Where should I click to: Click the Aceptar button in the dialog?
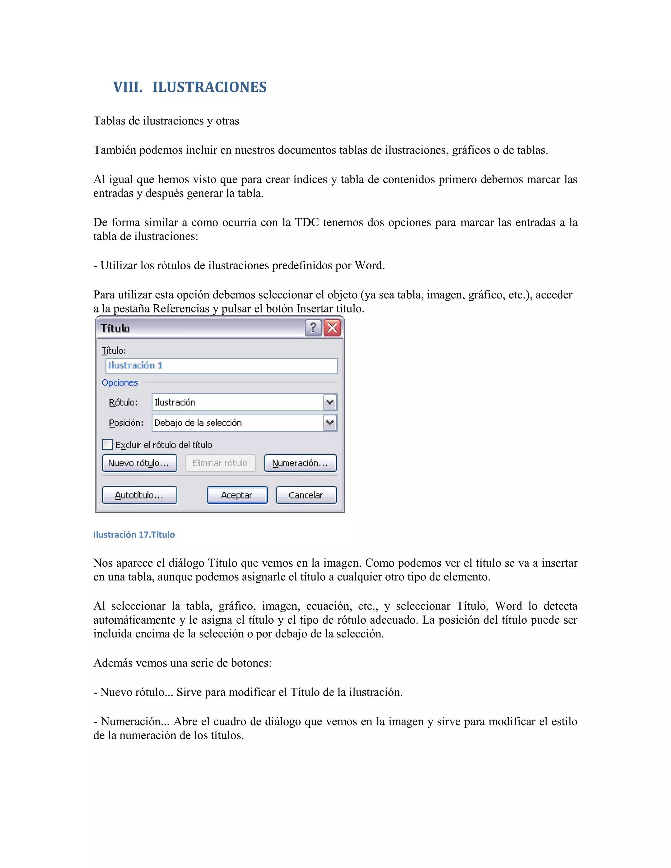237,495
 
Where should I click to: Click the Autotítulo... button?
139,495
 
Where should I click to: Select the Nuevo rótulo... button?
139,463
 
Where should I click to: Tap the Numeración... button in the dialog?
300,463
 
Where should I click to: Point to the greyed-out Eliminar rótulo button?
220,463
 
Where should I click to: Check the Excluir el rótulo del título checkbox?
108,444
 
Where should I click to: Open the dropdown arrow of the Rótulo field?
330,402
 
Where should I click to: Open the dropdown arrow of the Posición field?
330,423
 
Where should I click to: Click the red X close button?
332,328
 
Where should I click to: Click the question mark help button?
313,328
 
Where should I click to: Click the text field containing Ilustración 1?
221,366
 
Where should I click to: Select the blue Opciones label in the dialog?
120,382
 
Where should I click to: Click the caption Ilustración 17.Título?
134,535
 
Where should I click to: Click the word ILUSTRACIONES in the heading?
209,87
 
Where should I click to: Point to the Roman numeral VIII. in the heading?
127,87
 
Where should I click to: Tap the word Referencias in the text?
181,309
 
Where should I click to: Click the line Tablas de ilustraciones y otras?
166,121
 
